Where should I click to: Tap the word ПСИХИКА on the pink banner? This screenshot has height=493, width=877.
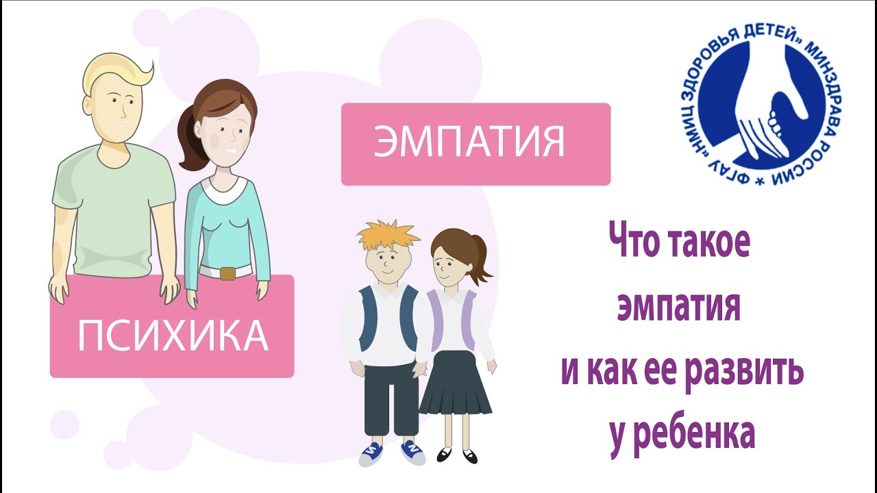coord(172,336)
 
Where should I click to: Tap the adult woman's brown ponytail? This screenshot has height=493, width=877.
coord(189,140)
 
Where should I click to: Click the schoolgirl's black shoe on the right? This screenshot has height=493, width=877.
coord(470,455)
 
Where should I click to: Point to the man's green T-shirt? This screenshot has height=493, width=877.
coord(113,205)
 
